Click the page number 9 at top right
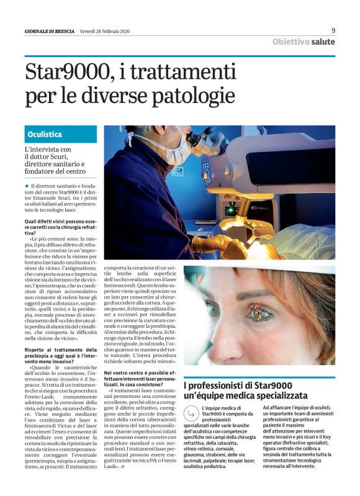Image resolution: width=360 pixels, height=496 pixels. point(333,30)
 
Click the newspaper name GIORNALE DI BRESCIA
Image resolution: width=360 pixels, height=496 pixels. point(50,32)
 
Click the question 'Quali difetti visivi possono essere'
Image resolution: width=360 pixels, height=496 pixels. point(61,221)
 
